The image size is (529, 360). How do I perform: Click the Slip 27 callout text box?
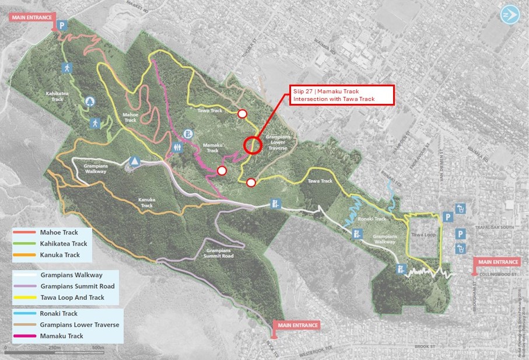coord(342,95)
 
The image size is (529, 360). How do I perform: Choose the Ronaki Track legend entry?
coord(59,313)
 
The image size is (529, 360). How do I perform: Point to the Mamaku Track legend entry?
coord(61,336)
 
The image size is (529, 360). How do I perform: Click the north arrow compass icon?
coord(510,14)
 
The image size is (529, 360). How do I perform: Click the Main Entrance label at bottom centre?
coord(297,325)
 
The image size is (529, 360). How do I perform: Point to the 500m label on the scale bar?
coord(97,348)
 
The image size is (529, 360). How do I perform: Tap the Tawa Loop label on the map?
coord(423,235)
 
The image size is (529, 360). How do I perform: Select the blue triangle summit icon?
coord(135,161)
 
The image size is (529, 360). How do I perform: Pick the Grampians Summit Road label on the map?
coord(219,253)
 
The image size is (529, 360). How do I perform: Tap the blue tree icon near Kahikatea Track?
coord(89,102)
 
